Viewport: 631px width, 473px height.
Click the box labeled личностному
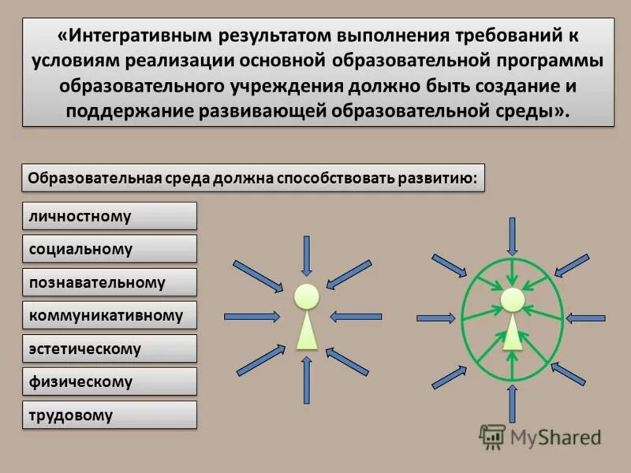pos(109,216)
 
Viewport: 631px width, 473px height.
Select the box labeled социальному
pos(109,249)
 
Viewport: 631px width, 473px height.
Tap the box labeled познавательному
pos(109,282)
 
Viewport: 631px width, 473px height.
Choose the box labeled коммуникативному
pos(109,315)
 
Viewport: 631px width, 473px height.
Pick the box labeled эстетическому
pos(109,348)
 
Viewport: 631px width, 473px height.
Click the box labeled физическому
pos(109,382)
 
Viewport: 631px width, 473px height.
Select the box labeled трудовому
pos(109,415)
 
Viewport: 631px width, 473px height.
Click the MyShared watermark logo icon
pos(492,437)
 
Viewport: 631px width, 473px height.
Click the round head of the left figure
pos(307,296)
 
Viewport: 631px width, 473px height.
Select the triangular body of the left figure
pos(307,332)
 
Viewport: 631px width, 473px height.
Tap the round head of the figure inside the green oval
pos(512,300)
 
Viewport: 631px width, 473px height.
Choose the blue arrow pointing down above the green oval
pos(512,236)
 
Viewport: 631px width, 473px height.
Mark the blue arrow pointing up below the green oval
pos(512,402)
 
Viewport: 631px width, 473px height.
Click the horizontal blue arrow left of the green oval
pos(436,318)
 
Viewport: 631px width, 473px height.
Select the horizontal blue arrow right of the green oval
pos(586,318)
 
